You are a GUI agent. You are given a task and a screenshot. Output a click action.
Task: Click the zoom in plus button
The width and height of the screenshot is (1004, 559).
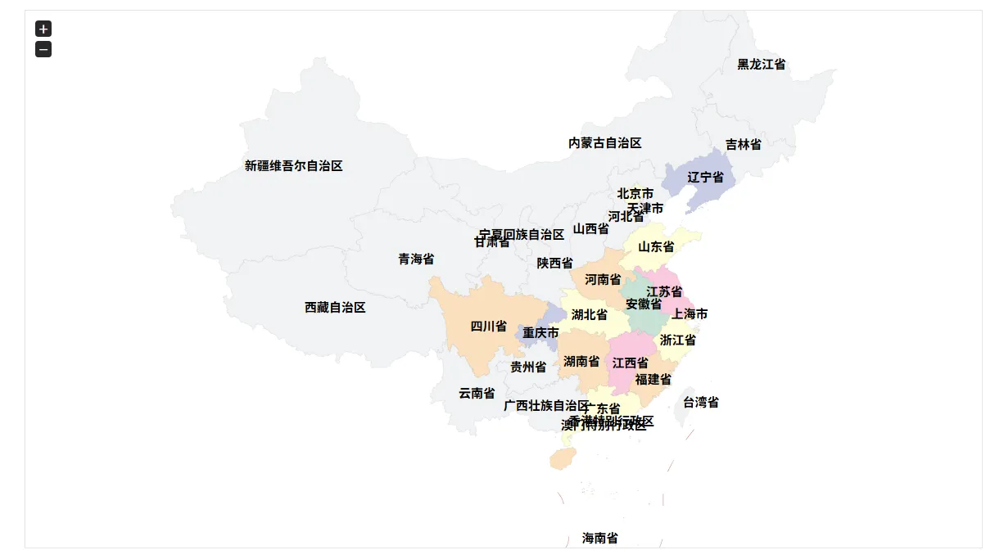coord(43,29)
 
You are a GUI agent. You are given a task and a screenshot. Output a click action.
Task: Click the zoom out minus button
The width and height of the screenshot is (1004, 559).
coord(43,50)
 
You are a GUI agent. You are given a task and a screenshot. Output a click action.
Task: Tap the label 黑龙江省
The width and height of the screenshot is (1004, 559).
coord(761,64)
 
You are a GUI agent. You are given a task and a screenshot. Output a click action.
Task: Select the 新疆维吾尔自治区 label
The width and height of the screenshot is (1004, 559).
coord(293,165)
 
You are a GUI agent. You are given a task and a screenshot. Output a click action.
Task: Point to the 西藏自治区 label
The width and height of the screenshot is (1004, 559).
coord(335,308)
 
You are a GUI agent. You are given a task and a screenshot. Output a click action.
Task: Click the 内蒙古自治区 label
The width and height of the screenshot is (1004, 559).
coord(604,142)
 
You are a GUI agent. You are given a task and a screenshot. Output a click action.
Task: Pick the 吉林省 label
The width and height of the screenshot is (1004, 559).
coord(743,144)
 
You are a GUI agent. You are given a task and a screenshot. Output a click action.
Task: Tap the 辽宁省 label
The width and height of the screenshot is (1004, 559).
coord(705,177)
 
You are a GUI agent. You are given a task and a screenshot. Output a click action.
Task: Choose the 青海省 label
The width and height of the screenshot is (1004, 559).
coord(416,259)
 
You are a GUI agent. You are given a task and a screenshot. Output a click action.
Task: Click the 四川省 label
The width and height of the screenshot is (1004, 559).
coord(488,326)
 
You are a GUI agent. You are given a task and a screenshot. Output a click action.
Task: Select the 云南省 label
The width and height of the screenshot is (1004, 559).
coord(476,393)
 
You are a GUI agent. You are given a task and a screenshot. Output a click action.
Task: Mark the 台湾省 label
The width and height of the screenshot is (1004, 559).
coord(700,402)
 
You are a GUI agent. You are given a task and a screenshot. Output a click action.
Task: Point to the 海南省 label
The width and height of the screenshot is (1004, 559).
coord(599,538)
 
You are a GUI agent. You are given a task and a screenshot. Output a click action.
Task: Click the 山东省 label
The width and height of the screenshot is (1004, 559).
coord(656,246)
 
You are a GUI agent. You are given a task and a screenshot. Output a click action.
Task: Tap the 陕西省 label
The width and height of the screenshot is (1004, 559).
coord(554,263)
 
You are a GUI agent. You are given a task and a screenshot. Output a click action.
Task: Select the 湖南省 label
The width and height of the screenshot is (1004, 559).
coord(581,361)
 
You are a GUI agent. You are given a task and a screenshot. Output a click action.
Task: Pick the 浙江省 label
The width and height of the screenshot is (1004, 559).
coord(677,340)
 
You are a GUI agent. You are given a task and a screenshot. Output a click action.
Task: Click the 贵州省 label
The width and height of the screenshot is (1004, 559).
coord(528,367)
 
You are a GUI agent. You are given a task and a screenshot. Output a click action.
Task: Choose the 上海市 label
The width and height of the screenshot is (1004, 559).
coord(690,313)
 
